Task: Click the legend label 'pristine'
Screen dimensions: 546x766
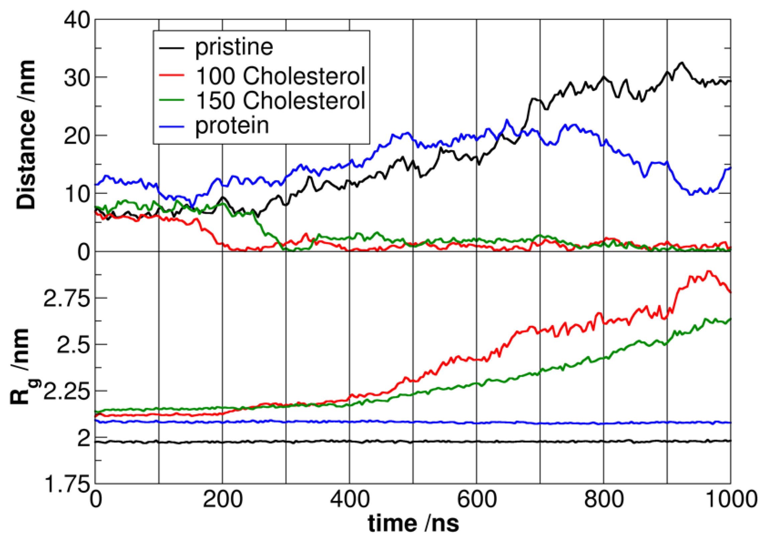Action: pos(234,47)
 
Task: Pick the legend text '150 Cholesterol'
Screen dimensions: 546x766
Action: pos(280,101)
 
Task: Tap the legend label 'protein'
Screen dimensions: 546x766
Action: pos(232,126)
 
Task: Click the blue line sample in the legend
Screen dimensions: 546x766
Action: pos(172,126)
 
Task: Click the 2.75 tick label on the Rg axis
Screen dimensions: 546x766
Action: pos(67,298)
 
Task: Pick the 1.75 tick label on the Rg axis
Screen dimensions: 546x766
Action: pos(67,485)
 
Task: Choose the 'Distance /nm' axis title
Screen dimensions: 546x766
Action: pos(26,134)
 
